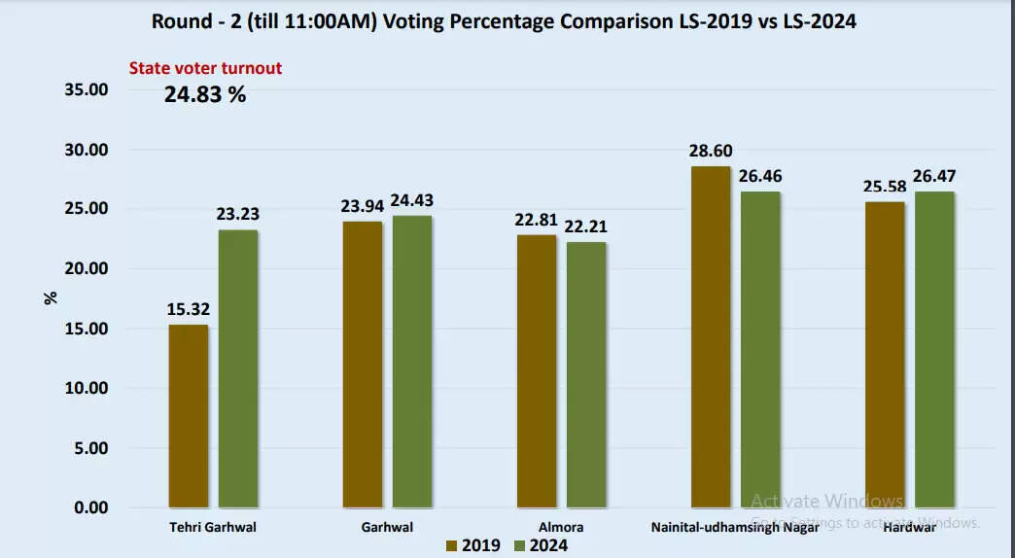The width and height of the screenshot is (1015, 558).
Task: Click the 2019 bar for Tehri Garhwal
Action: click(189, 416)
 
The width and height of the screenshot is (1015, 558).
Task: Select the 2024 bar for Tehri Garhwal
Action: click(238, 369)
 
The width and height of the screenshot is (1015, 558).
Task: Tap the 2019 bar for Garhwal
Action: click(363, 365)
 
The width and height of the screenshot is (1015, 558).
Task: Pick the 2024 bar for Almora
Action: click(586, 374)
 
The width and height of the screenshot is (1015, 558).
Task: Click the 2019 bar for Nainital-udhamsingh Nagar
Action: click(711, 337)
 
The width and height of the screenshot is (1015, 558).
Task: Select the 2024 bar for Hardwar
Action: click(934, 350)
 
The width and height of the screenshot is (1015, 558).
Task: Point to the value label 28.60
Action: click(711, 152)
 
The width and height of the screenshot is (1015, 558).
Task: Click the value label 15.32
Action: click(189, 310)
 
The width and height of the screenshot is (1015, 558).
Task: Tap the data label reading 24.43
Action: click(411, 201)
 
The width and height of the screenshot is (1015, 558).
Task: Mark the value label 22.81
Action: click(537, 220)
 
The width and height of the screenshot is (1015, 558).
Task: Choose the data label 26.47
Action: click(934, 177)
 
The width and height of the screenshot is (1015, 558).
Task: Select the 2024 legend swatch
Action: click(519, 545)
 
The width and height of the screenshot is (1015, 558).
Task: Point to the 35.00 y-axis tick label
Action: click(86, 90)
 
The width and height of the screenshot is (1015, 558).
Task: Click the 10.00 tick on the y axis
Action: click(86, 389)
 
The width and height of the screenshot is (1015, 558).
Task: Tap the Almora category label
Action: click(561, 527)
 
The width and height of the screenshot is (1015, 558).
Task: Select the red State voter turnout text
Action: click(206, 69)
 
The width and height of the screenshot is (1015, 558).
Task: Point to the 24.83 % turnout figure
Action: click(204, 95)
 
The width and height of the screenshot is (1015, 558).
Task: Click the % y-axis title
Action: click(51, 298)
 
